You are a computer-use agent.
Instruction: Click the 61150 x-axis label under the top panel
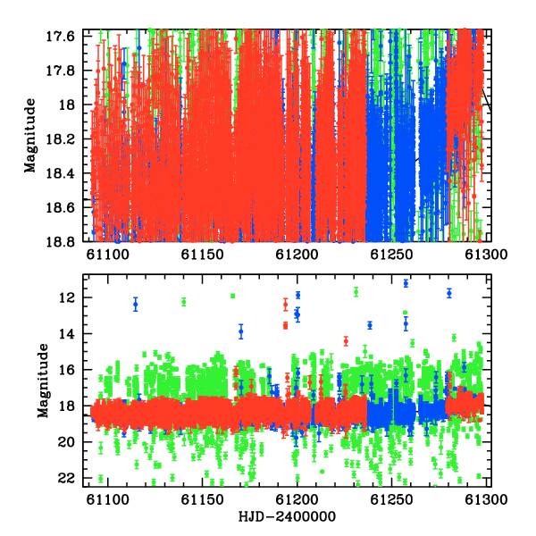(x=203, y=255)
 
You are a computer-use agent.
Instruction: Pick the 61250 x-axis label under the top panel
(x=392, y=255)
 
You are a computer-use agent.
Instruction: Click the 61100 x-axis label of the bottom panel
(x=108, y=499)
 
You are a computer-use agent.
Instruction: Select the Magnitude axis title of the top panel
(x=30, y=136)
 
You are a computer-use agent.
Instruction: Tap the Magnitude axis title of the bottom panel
(x=43, y=381)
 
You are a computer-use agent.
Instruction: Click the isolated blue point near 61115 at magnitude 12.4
(x=136, y=304)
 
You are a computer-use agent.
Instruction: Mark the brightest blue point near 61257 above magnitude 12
(x=406, y=283)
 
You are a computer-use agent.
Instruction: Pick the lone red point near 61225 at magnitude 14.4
(x=346, y=341)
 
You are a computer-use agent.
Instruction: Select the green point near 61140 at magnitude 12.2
(x=184, y=302)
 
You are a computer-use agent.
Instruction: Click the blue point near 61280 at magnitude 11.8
(x=449, y=293)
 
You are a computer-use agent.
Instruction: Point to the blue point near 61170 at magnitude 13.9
(x=241, y=331)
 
